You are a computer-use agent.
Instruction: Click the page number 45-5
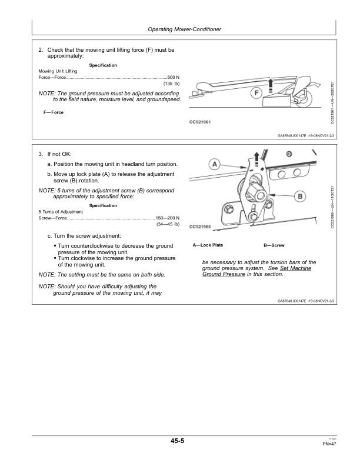[179, 441]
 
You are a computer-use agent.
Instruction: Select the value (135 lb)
[171, 84]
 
